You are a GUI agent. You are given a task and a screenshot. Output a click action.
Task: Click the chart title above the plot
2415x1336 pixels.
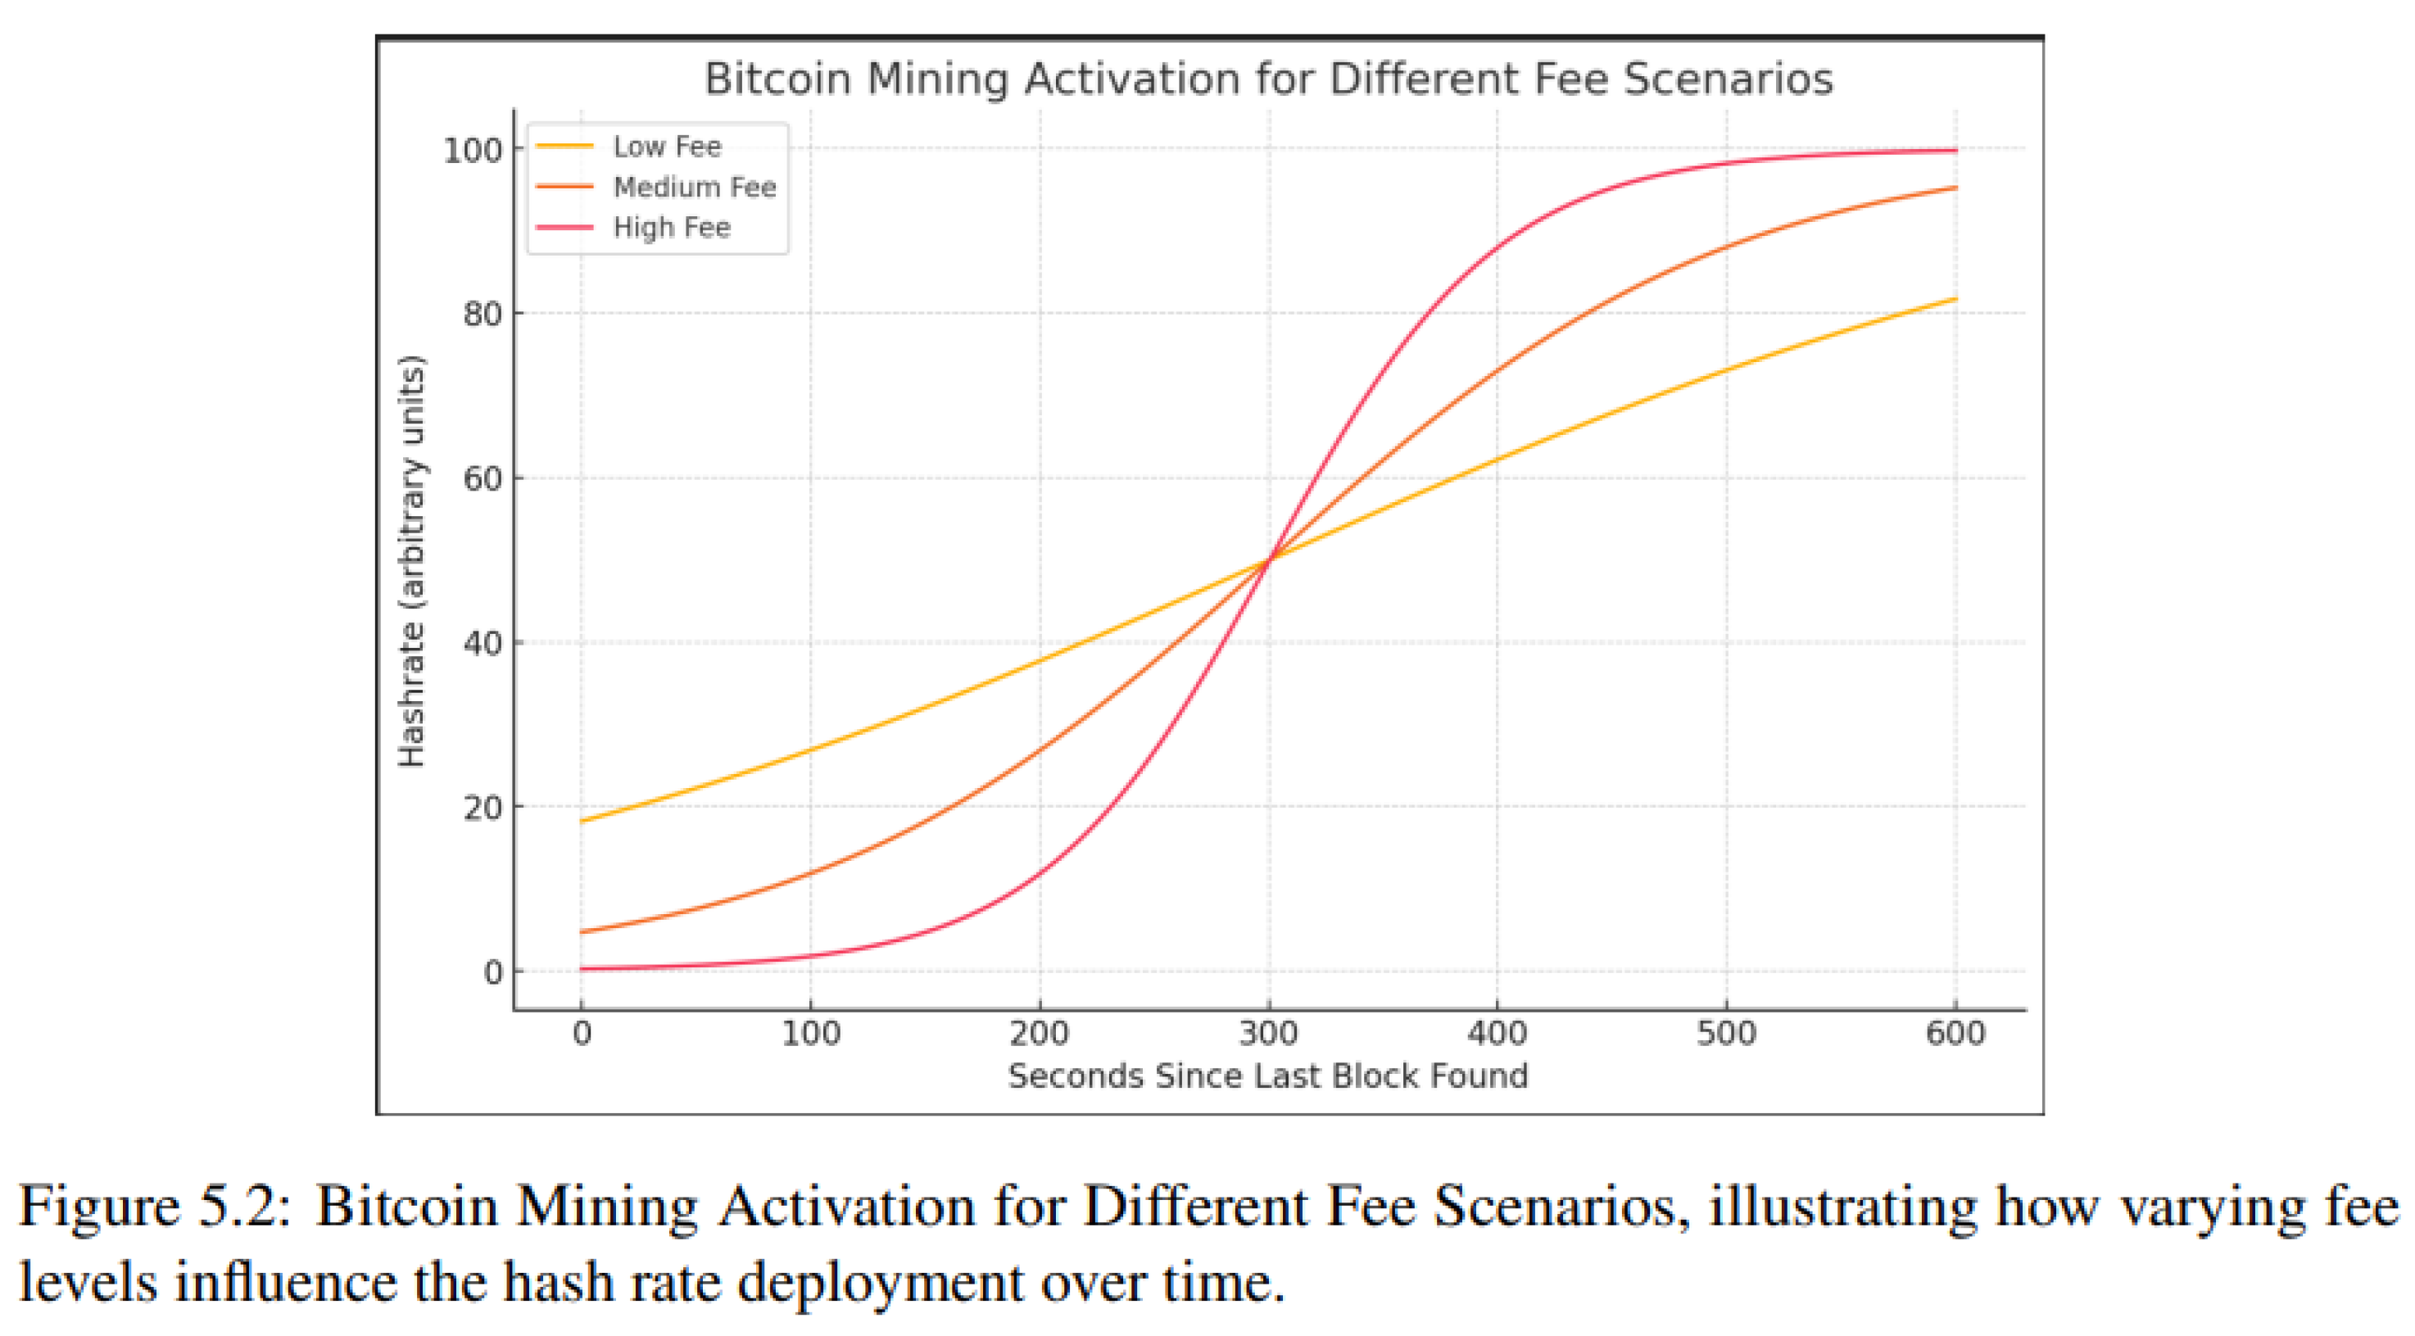[x=1268, y=79]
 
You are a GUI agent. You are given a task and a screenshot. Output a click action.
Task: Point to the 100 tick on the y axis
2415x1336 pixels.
[x=473, y=150]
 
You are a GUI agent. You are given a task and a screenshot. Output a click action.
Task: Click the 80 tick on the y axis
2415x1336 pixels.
[x=483, y=314]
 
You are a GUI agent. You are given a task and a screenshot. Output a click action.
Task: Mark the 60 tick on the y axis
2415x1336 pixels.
[x=483, y=479]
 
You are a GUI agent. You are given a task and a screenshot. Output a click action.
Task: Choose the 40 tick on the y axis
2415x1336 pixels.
[x=483, y=644]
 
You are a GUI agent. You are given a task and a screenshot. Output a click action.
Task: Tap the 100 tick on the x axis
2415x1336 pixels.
[x=811, y=1033]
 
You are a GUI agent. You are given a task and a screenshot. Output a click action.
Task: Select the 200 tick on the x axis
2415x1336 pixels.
[x=1040, y=1033]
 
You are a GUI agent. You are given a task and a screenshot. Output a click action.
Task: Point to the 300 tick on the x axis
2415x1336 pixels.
[x=1268, y=1033]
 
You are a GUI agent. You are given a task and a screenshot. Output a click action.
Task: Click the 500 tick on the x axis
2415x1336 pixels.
[x=1726, y=1033]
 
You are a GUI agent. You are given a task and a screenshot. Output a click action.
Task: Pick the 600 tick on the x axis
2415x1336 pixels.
[x=1955, y=1033]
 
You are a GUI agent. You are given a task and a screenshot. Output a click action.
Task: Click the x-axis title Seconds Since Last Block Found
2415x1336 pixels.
[x=1268, y=1076]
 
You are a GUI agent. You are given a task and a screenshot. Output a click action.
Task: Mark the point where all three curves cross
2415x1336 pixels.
[x=1268, y=559]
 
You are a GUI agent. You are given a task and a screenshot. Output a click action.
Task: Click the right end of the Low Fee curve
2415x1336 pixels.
[x=1955, y=299]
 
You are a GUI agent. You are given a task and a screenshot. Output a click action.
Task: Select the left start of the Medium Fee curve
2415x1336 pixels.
[x=582, y=932]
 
